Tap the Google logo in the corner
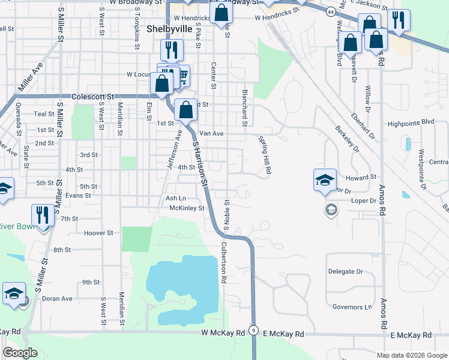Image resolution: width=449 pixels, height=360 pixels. (x=20, y=353)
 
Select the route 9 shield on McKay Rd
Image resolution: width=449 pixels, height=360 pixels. (x=255, y=331)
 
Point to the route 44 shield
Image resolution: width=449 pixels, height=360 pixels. (x=331, y=11)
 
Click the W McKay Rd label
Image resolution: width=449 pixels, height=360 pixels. (x=223, y=332)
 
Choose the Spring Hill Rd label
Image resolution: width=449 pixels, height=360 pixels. (x=264, y=155)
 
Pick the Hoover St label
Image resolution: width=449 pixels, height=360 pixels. (x=98, y=233)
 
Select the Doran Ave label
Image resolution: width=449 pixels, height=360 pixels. (x=57, y=299)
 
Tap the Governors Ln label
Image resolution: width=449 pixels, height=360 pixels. (x=352, y=307)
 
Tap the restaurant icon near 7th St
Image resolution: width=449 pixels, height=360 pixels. (x=42, y=214)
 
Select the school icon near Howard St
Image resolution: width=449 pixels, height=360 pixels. (x=324, y=179)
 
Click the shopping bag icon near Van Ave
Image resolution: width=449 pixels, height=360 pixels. (x=186, y=110)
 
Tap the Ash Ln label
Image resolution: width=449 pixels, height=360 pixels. (x=176, y=198)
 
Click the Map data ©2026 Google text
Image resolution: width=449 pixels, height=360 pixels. (x=411, y=355)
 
